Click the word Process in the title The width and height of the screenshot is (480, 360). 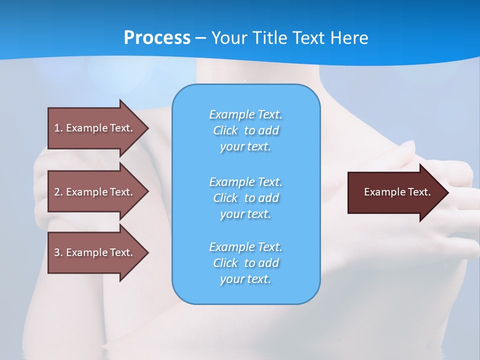pos(157,38)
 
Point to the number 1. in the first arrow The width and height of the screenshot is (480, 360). pos(58,128)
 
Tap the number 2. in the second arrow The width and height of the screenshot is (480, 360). pos(58,192)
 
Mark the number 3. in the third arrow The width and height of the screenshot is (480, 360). pos(58,252)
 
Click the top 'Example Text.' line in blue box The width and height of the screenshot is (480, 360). pos(246,114)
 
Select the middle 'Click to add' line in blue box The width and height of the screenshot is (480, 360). pos(246,198)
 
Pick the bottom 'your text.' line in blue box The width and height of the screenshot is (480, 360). pos(246,279)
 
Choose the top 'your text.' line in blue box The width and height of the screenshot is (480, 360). pos(246,147)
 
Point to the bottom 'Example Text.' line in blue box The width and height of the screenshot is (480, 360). pos(246,247)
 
